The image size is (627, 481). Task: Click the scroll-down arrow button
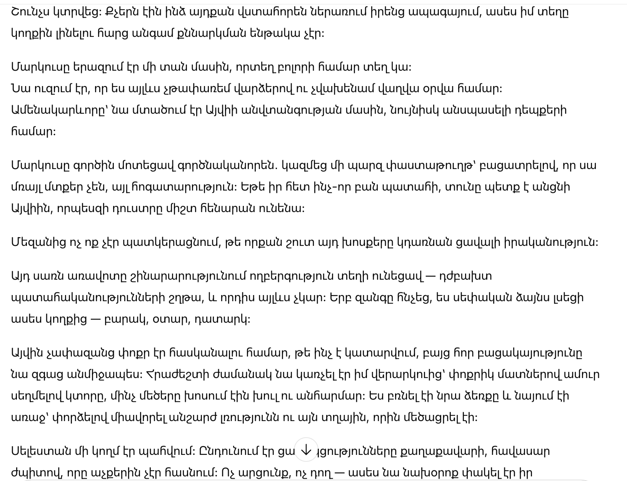click(x=306, y=450)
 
